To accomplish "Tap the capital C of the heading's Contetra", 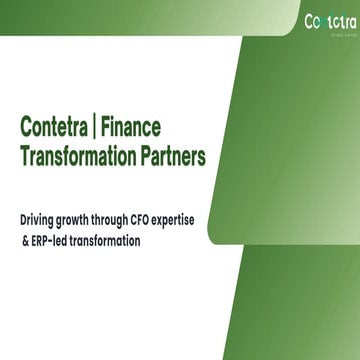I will (25, 127).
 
